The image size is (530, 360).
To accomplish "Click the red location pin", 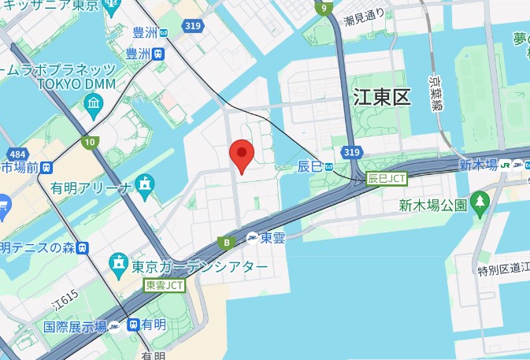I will [241, 156].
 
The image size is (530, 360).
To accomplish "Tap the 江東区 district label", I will [382, 98].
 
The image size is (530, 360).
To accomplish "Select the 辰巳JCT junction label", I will [386, 179].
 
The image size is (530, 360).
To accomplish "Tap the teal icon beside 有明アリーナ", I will [145, 186].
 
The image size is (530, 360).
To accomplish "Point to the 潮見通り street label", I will [365, 13].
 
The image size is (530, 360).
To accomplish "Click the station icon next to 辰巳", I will [329, 166].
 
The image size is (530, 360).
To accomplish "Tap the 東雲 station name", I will [272, 237].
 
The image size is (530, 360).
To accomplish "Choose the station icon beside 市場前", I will [49, 167].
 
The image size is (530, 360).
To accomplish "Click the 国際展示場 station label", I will [75, 325].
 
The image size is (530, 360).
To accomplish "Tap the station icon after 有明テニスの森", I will [83, 248].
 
